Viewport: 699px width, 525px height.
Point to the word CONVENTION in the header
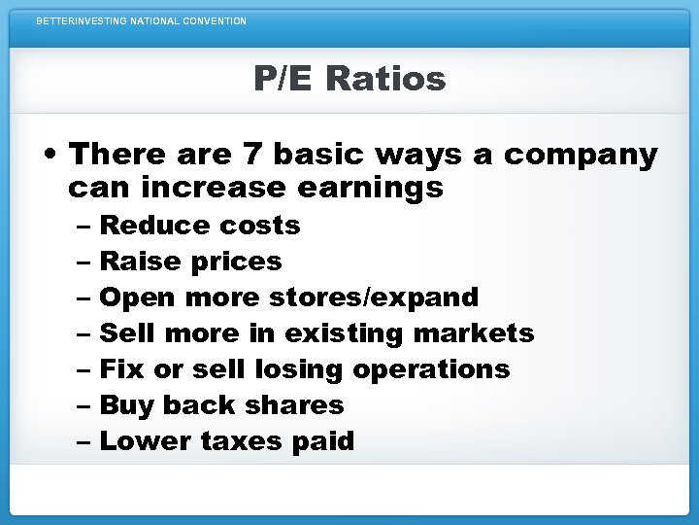click(213, 20)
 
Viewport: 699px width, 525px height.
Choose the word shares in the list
click(301, 405)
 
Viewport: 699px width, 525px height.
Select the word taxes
click(240, 441)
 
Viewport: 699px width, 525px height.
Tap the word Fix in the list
click(117, 369)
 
